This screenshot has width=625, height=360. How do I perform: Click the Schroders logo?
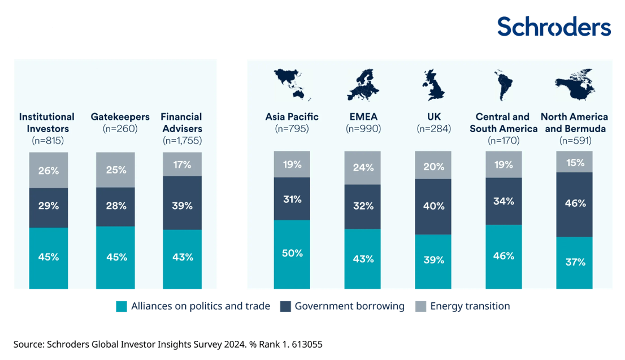coord(554,27)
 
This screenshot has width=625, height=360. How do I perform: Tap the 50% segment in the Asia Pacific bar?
coord(292,254)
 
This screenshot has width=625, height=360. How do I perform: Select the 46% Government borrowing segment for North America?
coord(574,204)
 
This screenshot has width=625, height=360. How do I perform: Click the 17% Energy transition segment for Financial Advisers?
coord(182,164)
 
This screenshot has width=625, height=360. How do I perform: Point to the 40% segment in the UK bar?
coord(433,206)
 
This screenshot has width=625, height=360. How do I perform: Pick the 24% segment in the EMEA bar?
coord(362,167)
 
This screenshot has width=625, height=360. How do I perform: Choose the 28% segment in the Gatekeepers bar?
coord(115,206)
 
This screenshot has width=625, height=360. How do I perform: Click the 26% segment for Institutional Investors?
coord(49,170)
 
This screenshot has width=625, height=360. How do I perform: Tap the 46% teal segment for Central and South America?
coord(504,256)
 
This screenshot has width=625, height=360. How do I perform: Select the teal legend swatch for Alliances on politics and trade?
coord(121,307)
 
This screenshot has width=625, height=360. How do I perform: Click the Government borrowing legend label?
coord(349,306)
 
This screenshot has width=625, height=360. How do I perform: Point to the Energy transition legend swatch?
coord(420,307)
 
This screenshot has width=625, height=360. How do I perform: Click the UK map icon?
coord(433,84)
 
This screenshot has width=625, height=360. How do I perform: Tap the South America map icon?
coord(503,84)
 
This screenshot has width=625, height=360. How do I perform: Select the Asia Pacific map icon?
coord(292,83)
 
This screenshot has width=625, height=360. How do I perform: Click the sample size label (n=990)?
coord(363,129)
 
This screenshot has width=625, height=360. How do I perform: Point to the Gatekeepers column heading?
coord(120,117)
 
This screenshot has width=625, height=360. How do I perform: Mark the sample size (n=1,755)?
coord(182,140)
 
